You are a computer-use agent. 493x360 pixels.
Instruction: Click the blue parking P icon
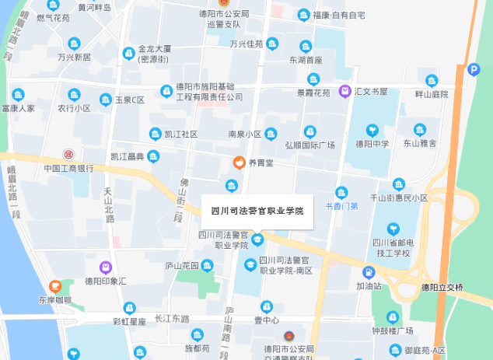point(474,70)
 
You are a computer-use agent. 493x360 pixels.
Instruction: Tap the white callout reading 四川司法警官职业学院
point(257,211)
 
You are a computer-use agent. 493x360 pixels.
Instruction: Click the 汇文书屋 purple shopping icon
point(345,92)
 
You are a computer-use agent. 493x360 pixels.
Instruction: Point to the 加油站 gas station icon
point(368,273)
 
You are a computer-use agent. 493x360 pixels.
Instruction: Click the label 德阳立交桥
point(442,288)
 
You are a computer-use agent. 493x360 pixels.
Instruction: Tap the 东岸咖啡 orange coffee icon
point(54,287)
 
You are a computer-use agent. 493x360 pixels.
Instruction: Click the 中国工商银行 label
point(68,168)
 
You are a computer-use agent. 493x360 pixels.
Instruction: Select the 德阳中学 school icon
point(372,130)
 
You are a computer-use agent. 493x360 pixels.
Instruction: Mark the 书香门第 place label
point(341,206)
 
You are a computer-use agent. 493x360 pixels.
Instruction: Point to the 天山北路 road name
point(109,204)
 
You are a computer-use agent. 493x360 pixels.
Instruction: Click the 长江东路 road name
point(172,319)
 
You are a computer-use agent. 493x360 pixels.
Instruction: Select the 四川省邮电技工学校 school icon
point(392,229)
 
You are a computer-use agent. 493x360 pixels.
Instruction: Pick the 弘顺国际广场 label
point(309,145)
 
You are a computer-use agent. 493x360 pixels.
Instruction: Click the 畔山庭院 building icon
point(432,80)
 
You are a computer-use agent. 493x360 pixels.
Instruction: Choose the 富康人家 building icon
point(14,95)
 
